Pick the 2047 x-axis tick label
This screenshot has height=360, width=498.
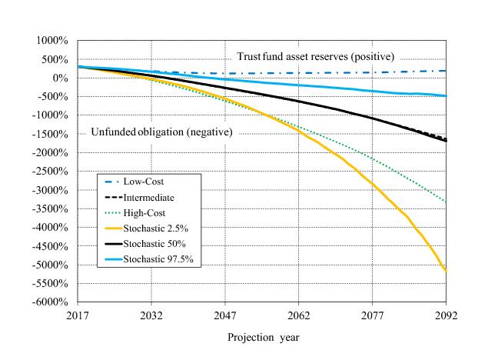[x=225, y=315]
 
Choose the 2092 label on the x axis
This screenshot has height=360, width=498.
[x=447, y=315]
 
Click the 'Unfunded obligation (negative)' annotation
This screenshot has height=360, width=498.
[x=161, y=132]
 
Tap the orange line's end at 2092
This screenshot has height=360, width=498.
[x=447, y=271]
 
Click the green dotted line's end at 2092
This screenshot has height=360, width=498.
[x=447, y=202]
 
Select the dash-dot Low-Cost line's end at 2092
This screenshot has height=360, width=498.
[x=447, y=71]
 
